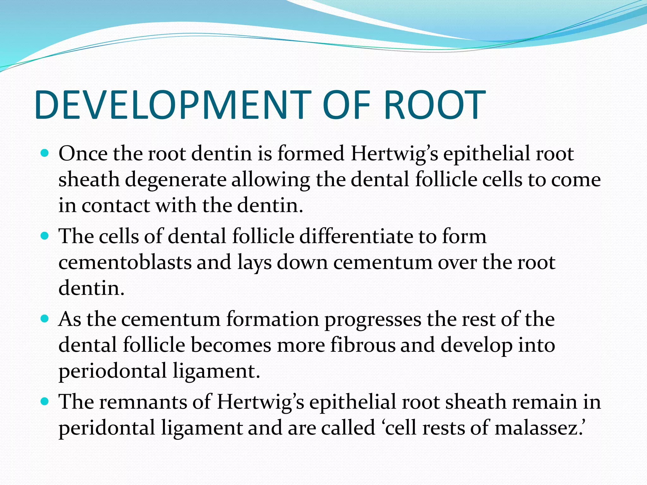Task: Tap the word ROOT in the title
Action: (434, 105)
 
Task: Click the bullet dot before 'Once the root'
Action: (45, 154)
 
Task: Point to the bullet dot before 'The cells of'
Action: (45, 236)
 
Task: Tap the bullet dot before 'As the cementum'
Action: (45, 319)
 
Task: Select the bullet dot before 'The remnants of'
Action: (45, 402)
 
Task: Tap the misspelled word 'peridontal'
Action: (107, 428)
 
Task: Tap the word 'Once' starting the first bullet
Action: (83, 154)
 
